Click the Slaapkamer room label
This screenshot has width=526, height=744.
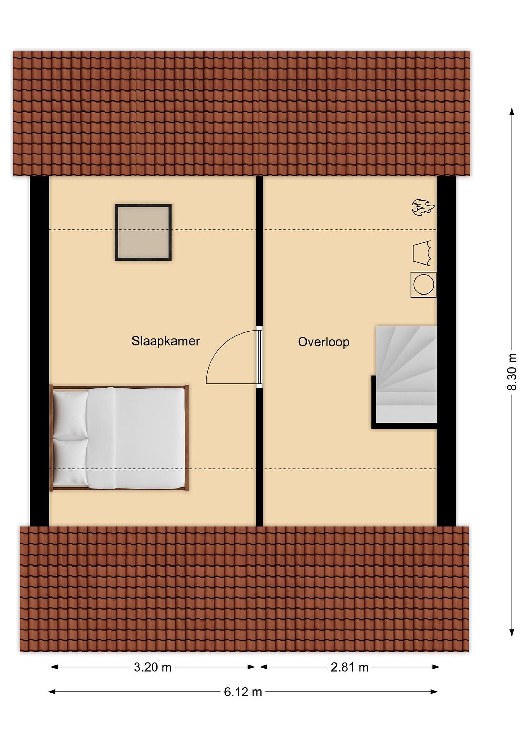(x=166, y=341)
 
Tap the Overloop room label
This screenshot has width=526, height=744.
(x=324, y=342)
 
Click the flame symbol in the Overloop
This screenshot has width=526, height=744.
(x=423, y=208)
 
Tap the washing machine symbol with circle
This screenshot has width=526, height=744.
(x=423, y=284)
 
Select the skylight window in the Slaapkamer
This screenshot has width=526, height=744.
(x=143, y=232)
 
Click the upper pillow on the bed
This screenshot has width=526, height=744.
(x=70, y=414)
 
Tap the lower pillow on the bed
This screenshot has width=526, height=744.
(x=70, y=462)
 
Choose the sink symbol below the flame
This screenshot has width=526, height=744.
(x=422, y=253)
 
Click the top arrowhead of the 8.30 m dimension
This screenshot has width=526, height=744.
(x=512, y=111)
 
